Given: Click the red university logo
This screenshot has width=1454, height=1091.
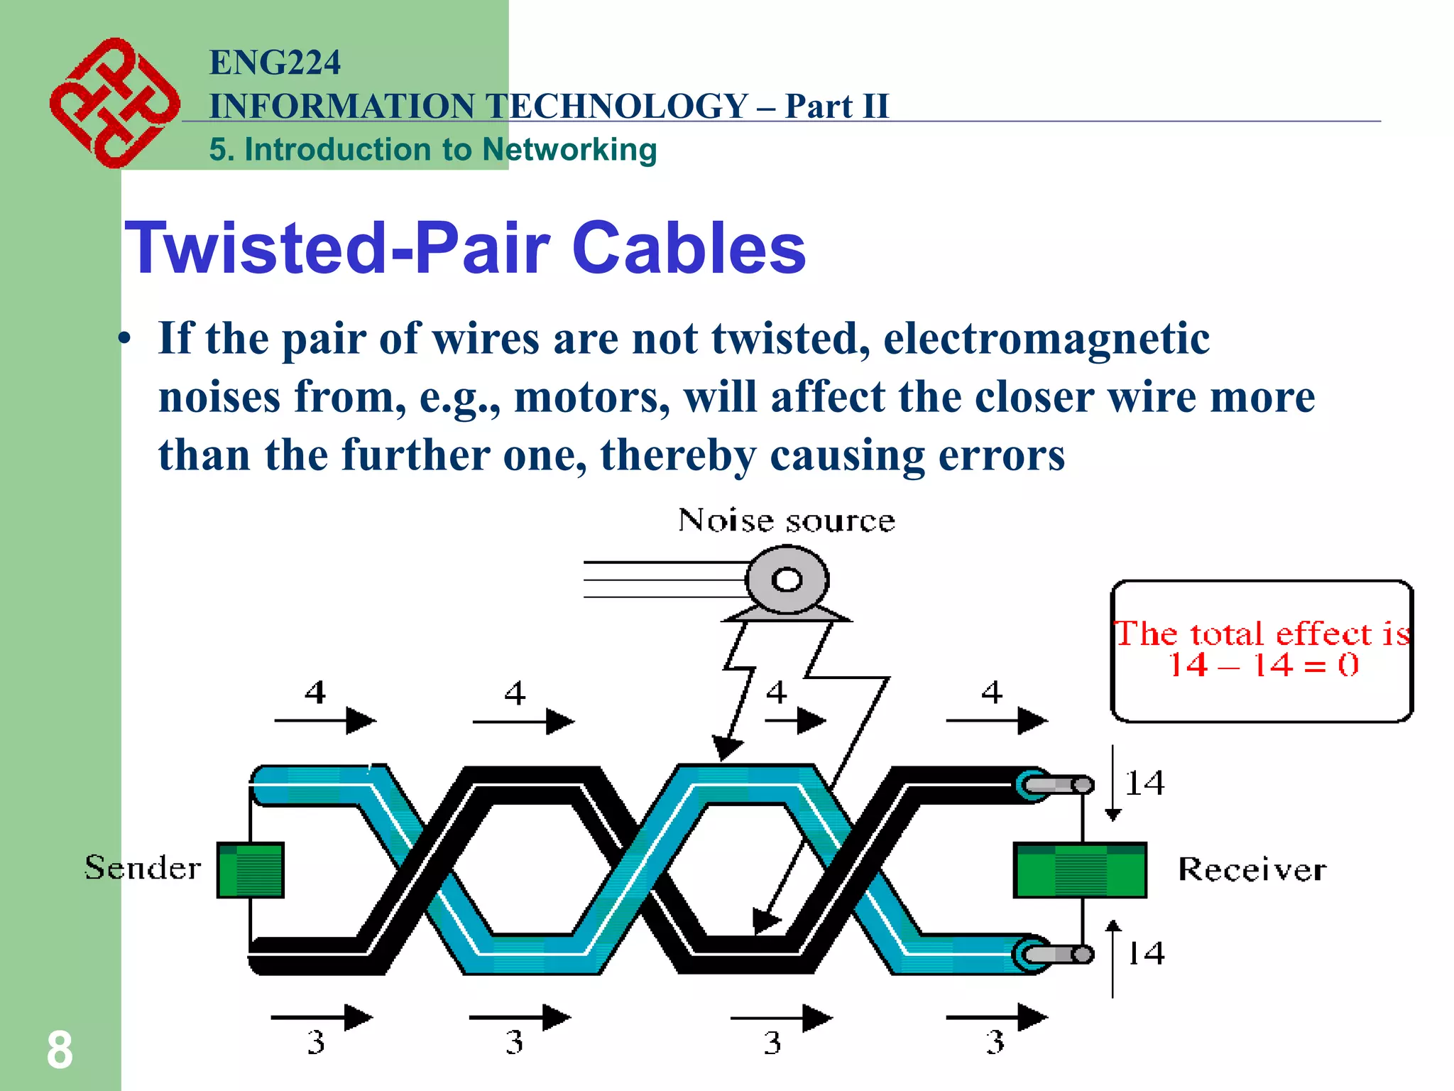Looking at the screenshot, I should [114, 103].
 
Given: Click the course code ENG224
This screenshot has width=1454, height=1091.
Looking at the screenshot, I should [275, 63].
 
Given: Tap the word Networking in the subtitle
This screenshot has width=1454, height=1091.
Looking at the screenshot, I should [569, 150].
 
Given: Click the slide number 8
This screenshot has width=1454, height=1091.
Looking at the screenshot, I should [60, 1050].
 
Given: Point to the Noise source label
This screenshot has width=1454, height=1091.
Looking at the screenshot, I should [786, 521].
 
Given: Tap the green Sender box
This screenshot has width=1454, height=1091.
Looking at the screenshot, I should [251, 870].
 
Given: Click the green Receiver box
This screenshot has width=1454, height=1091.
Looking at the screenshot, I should [1079, 870].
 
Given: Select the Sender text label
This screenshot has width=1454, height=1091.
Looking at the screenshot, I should [143, 868].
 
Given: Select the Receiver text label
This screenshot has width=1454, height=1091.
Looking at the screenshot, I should [1252, 869].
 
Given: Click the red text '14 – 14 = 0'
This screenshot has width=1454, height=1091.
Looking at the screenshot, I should [1263, 666].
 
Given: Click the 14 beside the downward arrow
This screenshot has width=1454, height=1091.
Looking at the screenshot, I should [1144, 783].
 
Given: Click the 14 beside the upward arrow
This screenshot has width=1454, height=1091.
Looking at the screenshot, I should [1146, 953].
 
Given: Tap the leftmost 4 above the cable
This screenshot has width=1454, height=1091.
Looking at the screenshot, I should [315, 692].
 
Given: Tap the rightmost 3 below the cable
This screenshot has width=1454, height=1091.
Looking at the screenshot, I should [995, 1042].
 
